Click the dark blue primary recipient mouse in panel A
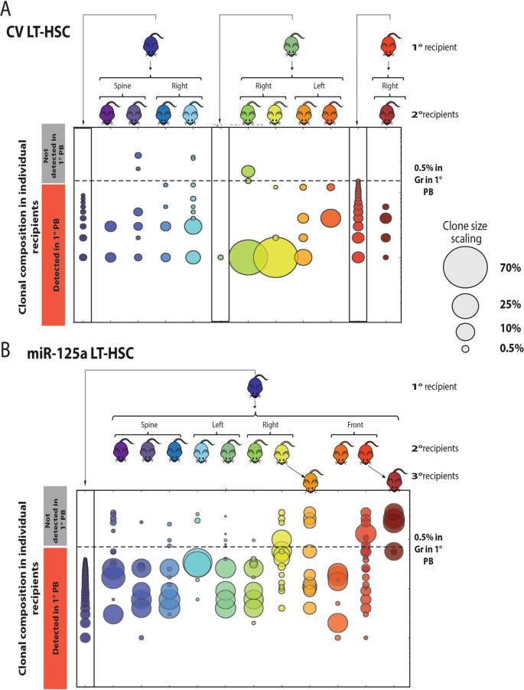point(151,45)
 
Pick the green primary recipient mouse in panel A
point(291,45)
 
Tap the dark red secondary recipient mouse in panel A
point(389,113)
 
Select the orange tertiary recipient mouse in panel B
point(311,482)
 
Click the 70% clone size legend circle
point(464,268)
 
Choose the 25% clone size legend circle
point(464,306)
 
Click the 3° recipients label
point(431,476)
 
